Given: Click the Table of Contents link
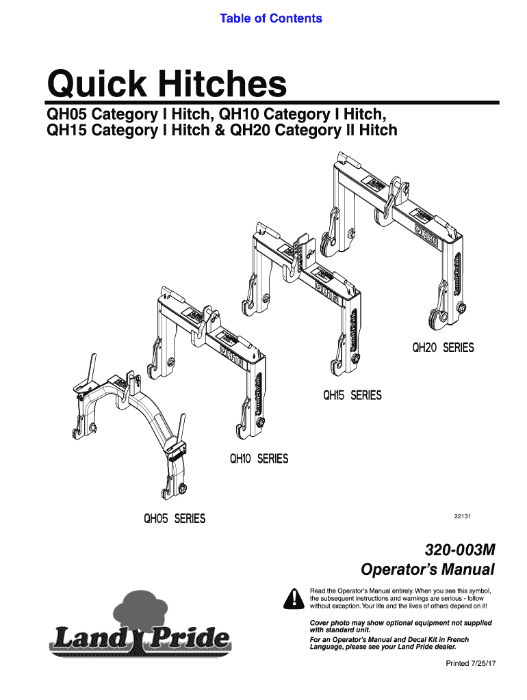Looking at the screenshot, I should click(x=270, y=18).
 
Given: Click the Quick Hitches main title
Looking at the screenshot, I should click(x=166, y=85).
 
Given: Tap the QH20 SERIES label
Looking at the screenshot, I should click(x=442, y=348).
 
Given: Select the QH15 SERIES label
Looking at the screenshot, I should click(x=352, y=396).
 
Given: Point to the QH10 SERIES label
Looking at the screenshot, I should click(x=259, y=459).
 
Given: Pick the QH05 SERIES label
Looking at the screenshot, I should click(x=174, y=519).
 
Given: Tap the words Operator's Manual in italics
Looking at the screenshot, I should click(x=427, y=569).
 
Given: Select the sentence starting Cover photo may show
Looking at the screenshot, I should click(x=401, y=627).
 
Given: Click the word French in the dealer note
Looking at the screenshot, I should click(x=454, y=639).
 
